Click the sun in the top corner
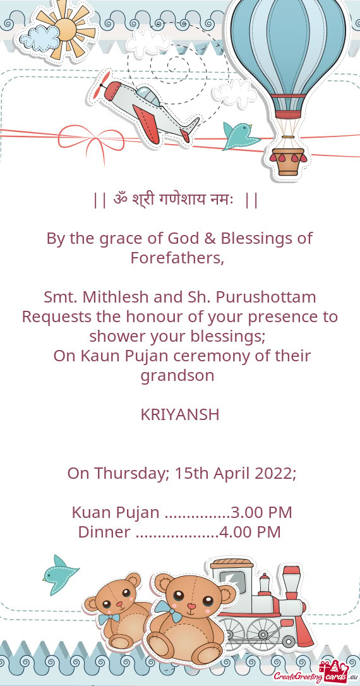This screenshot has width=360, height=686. pos(68,29)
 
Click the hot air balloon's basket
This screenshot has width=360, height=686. pos(288,160)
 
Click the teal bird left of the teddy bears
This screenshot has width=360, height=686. pos(59,575)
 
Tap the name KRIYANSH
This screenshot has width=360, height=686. pos(180,415)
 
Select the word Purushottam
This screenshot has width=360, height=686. pos(266,298)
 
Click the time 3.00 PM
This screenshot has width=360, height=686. pos(261,512)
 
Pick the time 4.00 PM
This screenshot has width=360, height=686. pos(249,532)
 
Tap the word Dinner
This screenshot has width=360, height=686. pos(104,532)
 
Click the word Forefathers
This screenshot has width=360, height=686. pos(177,258)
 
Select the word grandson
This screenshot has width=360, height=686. pos(177,376)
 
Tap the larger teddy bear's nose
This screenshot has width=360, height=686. pos(191,606)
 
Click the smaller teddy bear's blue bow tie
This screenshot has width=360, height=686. pos(109,618)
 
